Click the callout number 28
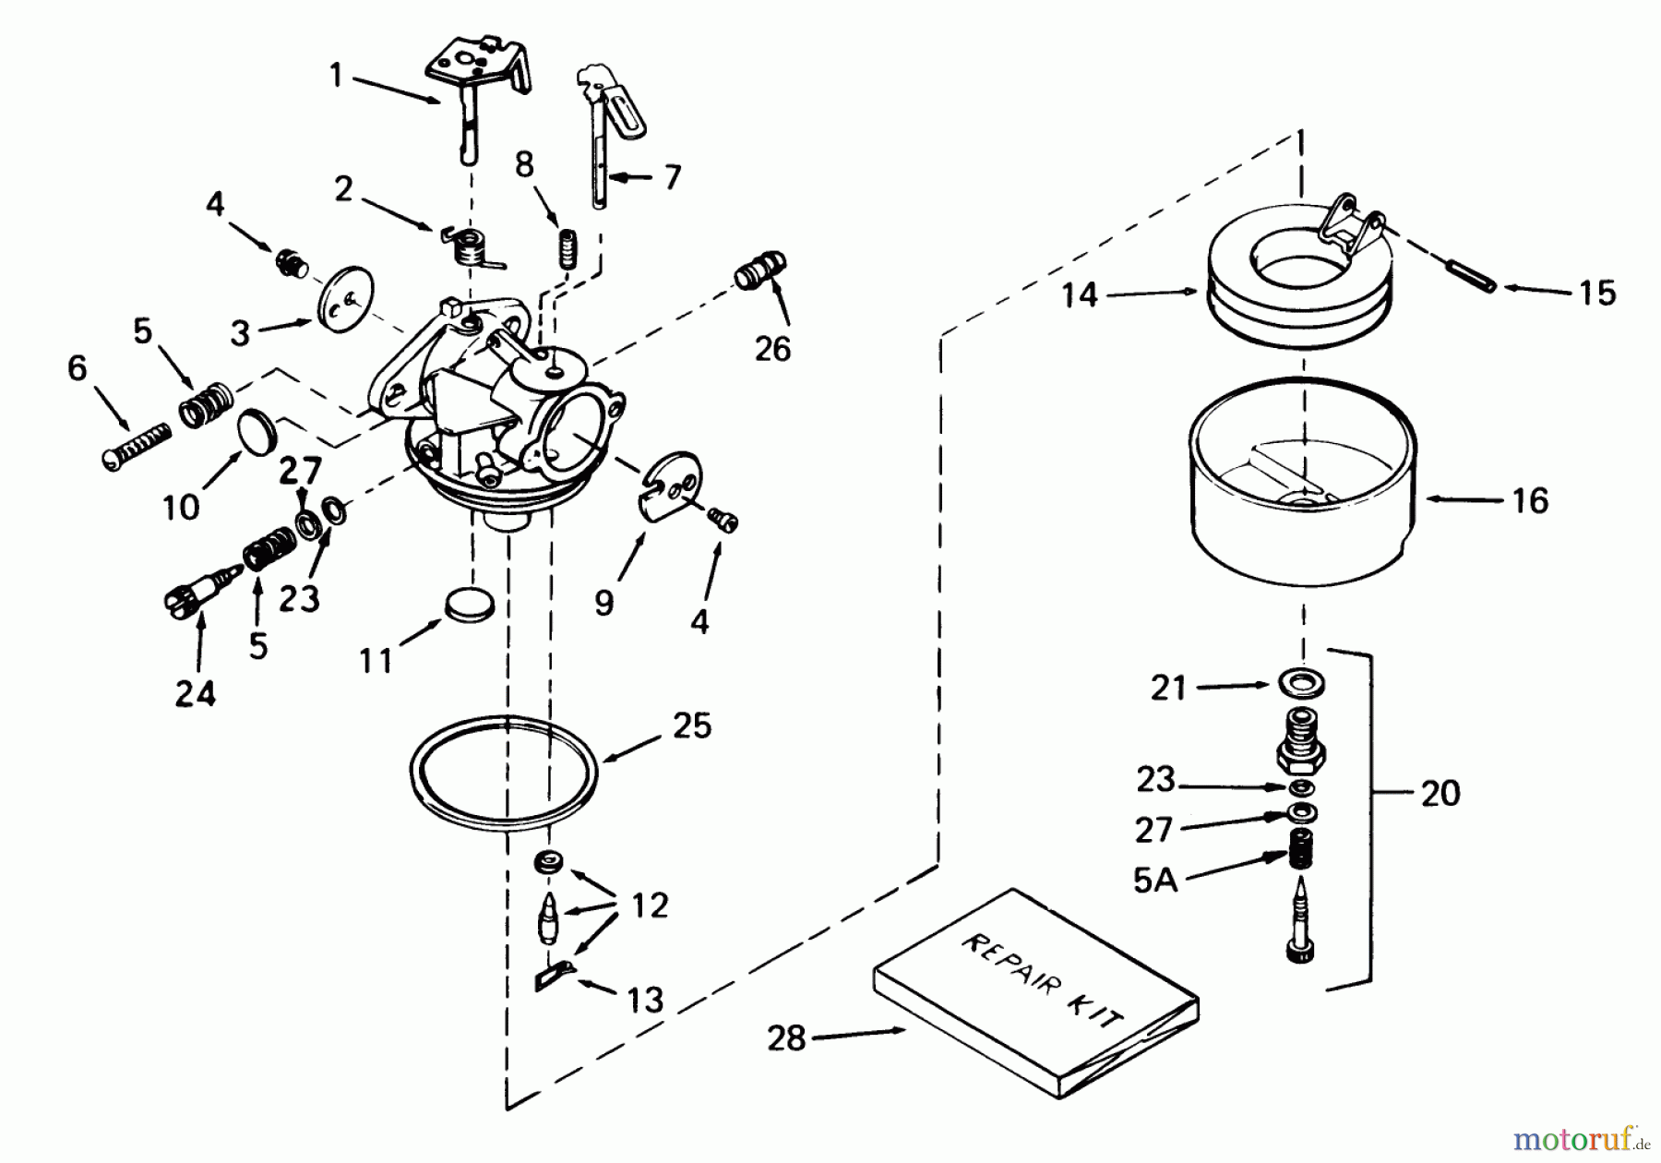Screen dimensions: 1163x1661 coord(786,1038)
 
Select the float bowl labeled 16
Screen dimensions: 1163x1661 coord(1302,499)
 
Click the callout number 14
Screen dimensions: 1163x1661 coord(1080,295)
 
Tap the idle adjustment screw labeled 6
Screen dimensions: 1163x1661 coord(136,445)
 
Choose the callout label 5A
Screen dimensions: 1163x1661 coord(1155,881)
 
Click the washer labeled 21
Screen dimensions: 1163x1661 coord(1303,684)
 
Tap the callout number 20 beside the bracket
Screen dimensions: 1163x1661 coord(1440,794)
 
